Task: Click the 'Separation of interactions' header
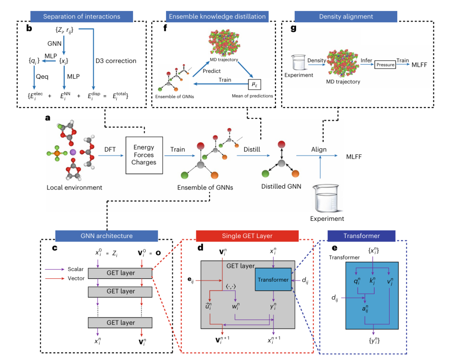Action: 81,17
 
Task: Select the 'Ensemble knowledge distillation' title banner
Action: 217,17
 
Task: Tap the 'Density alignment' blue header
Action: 346,17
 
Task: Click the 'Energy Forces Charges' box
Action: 144,155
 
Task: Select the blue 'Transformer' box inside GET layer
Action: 273,280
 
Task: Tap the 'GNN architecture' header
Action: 106,236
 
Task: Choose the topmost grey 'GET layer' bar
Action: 121,273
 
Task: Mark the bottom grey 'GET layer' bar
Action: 121,323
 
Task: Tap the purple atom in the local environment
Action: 73,152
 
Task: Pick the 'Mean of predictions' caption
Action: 252,96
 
